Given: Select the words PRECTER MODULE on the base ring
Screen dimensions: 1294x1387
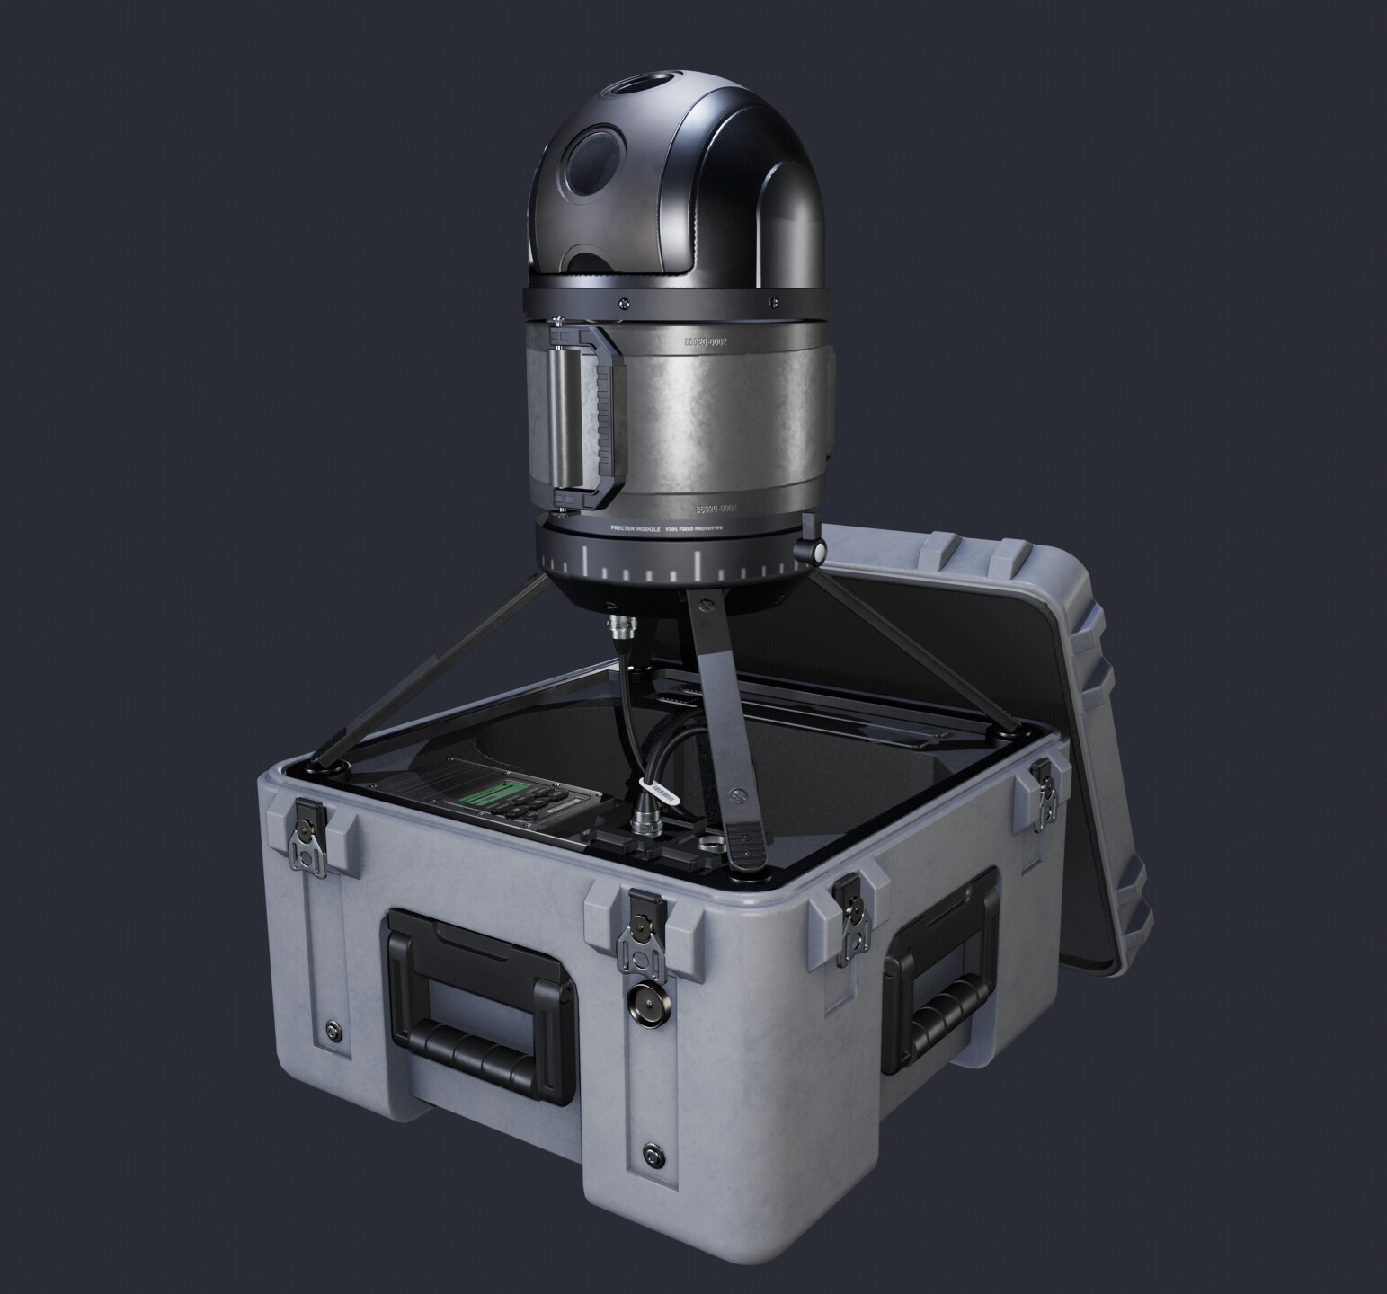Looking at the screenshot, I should click(x=635, y=531).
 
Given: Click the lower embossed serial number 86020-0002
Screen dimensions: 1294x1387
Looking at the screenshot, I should click(x=710, y=508).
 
